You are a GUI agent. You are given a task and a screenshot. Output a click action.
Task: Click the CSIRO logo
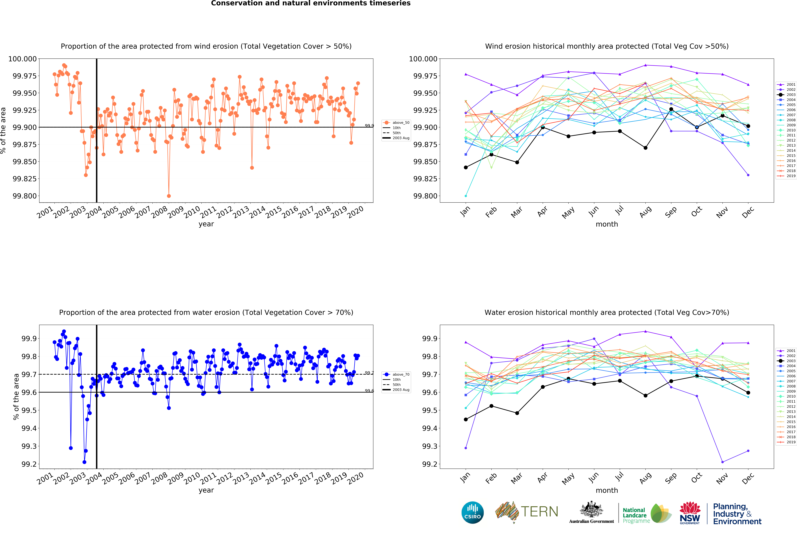(472, 512)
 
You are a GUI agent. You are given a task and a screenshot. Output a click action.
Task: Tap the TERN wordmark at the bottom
(539, 512)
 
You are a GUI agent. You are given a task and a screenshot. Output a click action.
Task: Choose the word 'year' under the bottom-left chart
(206, 490)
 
